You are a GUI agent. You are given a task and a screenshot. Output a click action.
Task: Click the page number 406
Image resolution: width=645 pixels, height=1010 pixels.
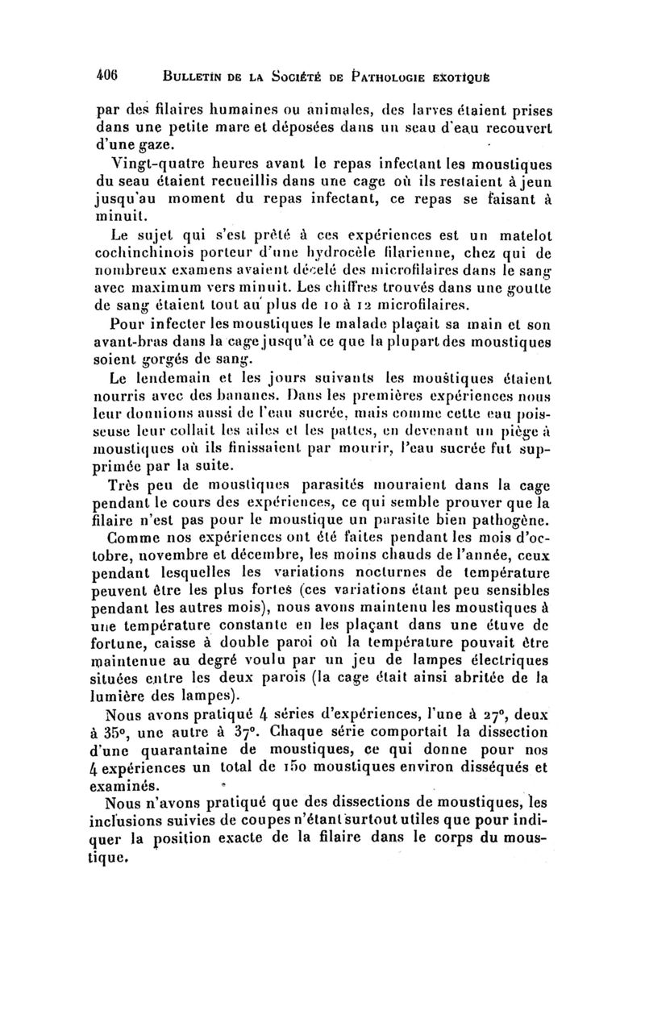107,71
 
